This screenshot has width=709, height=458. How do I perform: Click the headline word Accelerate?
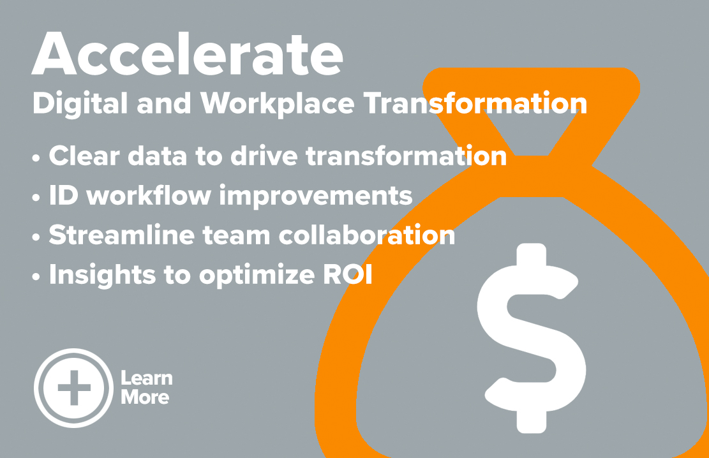tap(187, 54)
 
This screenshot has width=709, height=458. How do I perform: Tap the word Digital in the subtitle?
tap(80, 105)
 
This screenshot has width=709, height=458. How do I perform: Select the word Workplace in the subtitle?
tap(277, 104)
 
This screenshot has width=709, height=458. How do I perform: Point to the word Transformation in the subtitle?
tap(475, 103)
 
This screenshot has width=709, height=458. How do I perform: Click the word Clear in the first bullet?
tap(84, 156)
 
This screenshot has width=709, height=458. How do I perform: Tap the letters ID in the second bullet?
tap(63, 196)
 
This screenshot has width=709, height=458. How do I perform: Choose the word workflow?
tap(149, 196)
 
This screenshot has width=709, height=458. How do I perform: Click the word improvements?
tap(316, 196)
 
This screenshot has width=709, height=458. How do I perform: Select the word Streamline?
tap(122, 235)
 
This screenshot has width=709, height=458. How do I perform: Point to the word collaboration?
tap(367, 235)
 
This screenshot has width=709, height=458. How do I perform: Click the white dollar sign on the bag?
tap(532, 338)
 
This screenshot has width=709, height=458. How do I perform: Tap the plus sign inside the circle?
tap(74, 388)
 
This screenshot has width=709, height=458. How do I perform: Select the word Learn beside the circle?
tap(147, 378)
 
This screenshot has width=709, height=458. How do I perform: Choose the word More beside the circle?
tap(145, 397)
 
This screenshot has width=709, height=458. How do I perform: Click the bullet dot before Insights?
tap(36, 277)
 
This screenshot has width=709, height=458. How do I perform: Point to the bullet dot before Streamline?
tap(36, 237)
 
